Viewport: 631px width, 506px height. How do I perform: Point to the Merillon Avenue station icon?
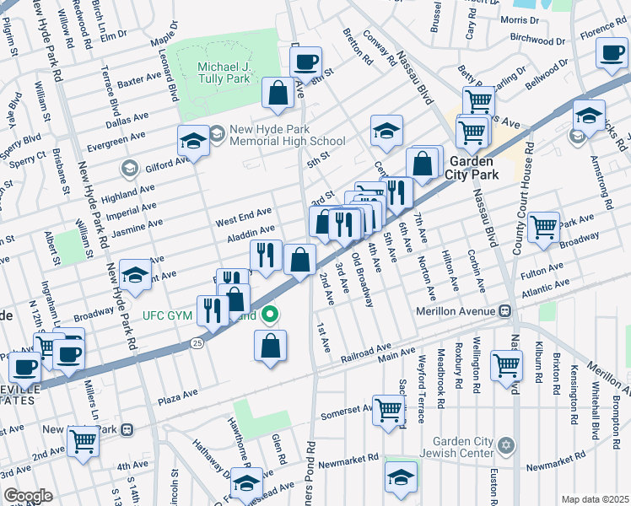click(504, 310)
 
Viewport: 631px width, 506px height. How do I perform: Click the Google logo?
click(28, 496)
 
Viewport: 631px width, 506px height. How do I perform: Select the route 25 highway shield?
click(196, 343)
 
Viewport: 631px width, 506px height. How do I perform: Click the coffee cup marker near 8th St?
click(305, 62)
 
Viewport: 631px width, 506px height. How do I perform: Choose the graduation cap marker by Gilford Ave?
click(193, 141)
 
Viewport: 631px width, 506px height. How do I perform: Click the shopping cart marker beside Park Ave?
click(543, 226)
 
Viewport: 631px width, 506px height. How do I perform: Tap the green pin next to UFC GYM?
click(270, 316)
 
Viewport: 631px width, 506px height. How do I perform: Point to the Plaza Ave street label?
click(177, 394)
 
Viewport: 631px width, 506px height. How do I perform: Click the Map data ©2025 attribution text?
click(595, 499)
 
